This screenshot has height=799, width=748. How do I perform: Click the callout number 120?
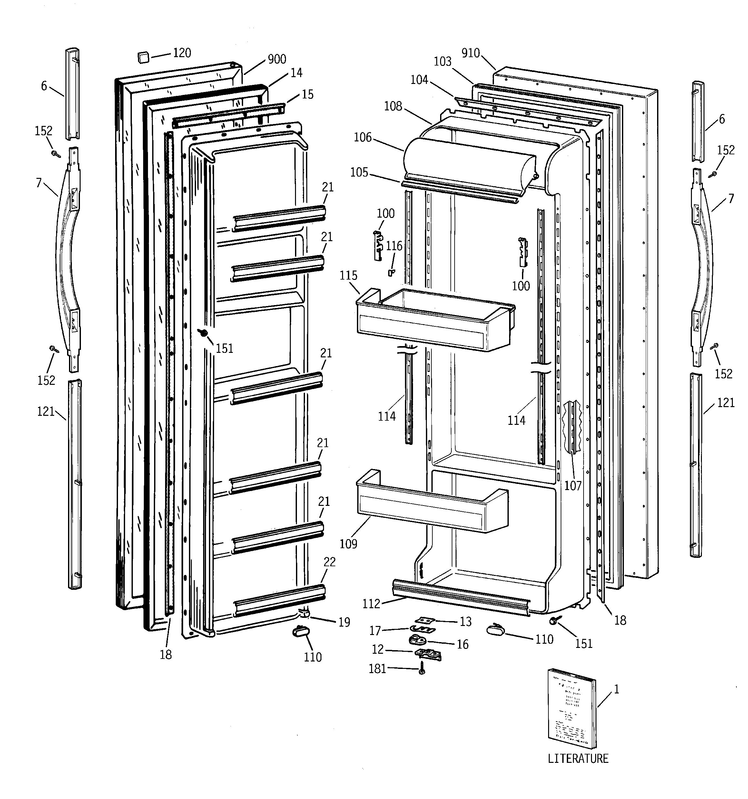click(x=182, y=53)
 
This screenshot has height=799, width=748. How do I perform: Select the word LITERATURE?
click(x=578, y=758)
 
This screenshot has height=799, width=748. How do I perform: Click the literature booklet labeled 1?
click(x=572, y=709)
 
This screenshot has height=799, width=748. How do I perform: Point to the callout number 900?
click(x=277, y=59)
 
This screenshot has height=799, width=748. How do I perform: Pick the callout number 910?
click(x=470, y=53)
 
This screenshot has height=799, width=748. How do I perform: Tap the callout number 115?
click(x=348, y=275)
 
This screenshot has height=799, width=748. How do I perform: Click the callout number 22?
click(x=329, y=562)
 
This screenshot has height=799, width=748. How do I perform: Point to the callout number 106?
click(x=363, y=138)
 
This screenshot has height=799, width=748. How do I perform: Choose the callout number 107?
click(x=573, y=486)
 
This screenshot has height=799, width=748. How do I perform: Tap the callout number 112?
click(x=371, y=603)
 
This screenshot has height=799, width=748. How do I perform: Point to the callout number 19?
click(x=344, y=622)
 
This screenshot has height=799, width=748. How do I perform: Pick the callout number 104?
click(x=419, y=80)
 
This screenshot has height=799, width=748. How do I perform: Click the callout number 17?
click(x=375, y=630)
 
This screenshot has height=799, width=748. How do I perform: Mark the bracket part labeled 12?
click(x=428, y=654)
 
